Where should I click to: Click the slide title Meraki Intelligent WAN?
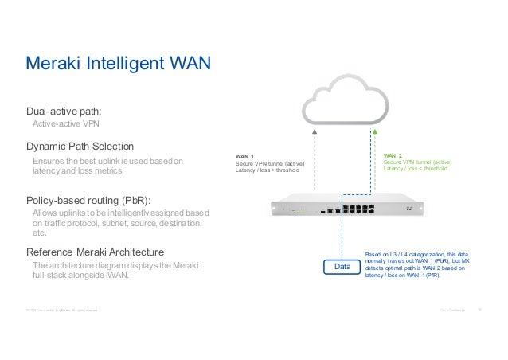118,62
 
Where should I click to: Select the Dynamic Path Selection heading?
80,147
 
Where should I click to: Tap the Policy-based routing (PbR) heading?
89,199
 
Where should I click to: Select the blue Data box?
342,268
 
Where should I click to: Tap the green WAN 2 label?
393,156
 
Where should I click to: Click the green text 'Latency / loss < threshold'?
416,169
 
